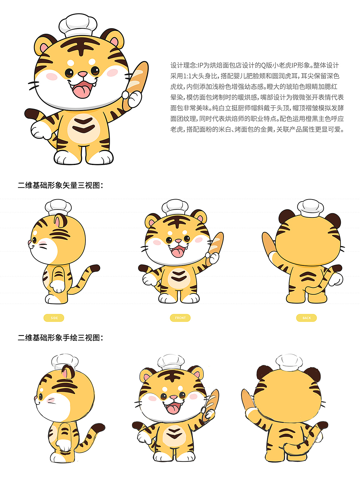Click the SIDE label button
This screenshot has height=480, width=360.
pos(54,318)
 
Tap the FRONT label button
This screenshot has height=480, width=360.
pos(180,318)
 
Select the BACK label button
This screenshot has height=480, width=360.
pos(307,318)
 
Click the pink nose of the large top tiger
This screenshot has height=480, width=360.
pos(82,74)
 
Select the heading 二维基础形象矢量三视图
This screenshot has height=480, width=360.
pos(60,185)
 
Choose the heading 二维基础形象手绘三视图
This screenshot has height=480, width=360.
pos(60,337)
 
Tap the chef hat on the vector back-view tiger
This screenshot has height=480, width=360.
pos(310,208)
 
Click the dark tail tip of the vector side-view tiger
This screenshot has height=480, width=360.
pos(95,268)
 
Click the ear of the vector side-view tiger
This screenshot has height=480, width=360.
pos(61,221)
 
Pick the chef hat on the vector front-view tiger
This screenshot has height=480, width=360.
pos(175,207)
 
